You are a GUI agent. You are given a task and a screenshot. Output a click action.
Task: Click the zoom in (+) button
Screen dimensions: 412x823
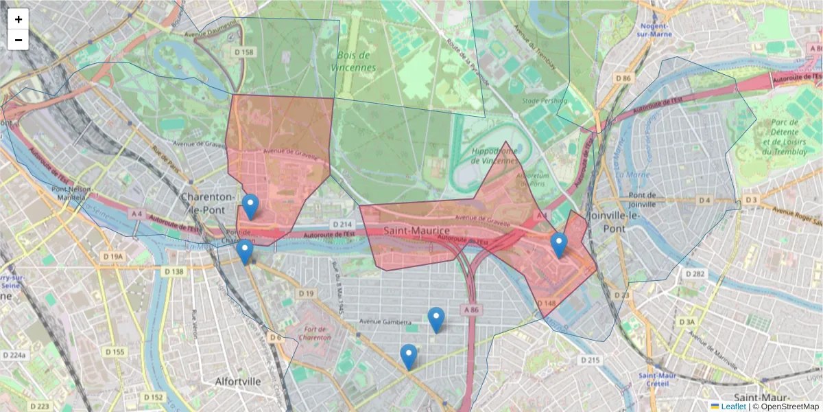19,19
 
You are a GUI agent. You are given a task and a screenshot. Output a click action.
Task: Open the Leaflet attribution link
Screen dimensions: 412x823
733,407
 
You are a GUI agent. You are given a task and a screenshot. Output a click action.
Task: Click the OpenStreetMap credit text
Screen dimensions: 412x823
786,407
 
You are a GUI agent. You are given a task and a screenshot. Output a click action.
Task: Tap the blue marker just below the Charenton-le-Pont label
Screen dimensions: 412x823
251,207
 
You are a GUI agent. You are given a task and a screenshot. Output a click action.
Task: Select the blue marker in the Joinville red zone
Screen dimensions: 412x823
560,244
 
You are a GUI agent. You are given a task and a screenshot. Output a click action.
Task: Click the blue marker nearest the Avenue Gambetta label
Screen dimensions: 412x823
436,320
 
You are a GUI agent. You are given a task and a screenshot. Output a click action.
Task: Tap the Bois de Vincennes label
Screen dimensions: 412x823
353,61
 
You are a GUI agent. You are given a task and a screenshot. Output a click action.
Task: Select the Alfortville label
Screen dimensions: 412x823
238,380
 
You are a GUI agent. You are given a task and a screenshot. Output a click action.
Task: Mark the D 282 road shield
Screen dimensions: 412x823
695,274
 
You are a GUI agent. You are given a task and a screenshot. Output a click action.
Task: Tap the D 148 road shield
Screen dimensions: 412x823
546,304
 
